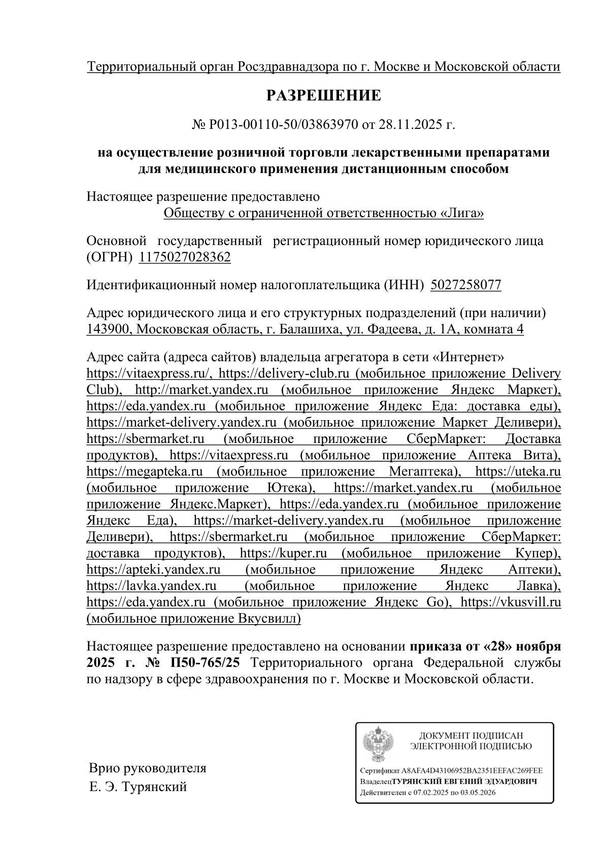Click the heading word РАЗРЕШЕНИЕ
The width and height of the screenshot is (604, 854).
click(324, 95)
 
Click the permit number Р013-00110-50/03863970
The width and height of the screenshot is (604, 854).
click(283, 124)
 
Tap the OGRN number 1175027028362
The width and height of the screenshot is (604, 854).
click(185, 257)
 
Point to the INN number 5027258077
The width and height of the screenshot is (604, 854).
click(465, 285)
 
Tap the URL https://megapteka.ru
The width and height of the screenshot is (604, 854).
click(145, 471)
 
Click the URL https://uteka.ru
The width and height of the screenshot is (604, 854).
click(518, 471)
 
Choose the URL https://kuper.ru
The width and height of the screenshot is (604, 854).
click(283, 553)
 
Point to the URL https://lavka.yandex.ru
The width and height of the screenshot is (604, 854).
click(152, 586)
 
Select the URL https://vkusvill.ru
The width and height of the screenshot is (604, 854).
click(510, 602)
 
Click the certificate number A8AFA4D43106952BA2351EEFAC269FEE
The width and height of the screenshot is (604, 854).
click(472, 770)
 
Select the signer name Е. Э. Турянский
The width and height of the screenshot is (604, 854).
click(138, 787)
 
